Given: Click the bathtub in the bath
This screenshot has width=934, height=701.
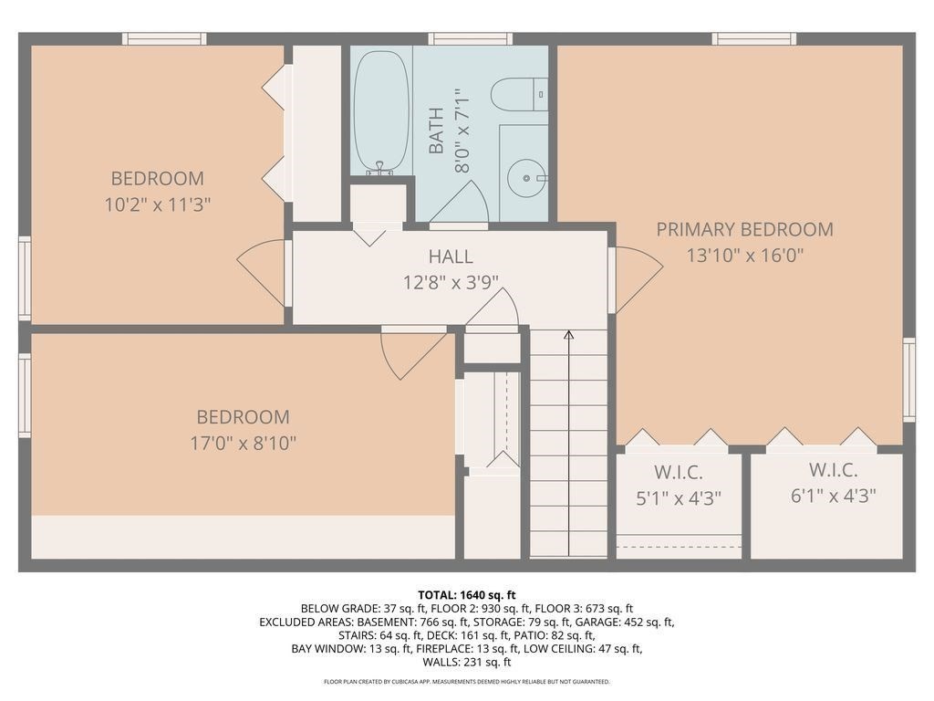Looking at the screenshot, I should (x=381, y=111).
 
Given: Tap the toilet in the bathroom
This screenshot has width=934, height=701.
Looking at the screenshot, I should (x=518, y=94).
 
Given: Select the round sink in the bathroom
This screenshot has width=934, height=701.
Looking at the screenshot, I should (x=525, y=173).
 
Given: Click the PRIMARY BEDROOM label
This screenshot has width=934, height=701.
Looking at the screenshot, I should (x=744, y=229).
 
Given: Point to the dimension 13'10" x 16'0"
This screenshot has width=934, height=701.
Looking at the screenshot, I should (x=744, y=256).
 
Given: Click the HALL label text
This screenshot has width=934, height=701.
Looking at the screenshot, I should (x=451, y=257).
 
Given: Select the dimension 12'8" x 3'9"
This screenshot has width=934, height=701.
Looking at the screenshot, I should (x=451, y=283).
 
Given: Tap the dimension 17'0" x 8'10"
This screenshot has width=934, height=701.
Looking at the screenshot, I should (x=243, y=443).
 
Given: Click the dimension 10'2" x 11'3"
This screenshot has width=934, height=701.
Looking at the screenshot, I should (x=158, y=204).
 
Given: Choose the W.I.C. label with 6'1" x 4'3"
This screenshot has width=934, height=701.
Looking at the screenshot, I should (x=833, y=470).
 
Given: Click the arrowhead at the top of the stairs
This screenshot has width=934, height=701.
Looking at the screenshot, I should (x=568, y=335).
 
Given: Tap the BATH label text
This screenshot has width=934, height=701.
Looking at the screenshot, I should (x=436, y=131).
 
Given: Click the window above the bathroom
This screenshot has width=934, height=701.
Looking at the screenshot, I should (x=470, y=38).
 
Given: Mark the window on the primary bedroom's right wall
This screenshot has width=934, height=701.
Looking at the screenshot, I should (x=908, y=380).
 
